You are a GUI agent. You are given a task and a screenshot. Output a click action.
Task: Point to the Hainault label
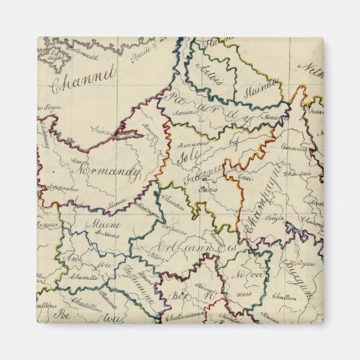tap(268, 84)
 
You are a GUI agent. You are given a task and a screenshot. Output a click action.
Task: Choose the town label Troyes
tap(274, 221)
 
